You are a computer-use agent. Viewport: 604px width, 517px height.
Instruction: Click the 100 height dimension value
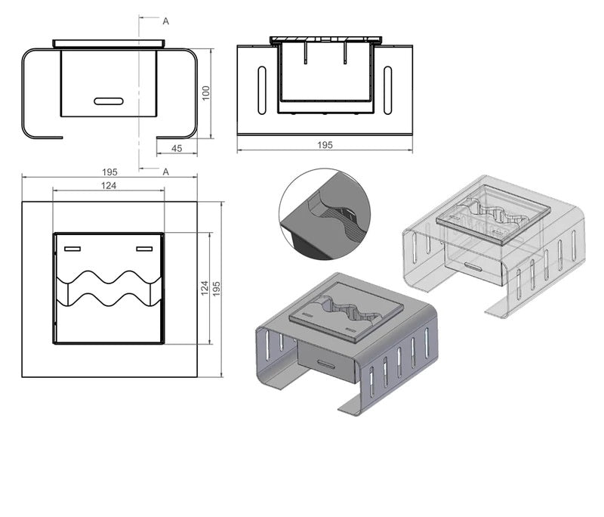206,93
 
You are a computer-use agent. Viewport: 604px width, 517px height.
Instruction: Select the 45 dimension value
177,148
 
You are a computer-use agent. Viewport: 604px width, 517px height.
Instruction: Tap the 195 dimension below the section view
325,145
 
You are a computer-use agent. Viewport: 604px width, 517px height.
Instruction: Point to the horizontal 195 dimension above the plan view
109,172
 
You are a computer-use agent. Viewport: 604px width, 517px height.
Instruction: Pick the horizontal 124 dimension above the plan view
109,185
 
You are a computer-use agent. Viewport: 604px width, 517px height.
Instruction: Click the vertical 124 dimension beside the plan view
205,288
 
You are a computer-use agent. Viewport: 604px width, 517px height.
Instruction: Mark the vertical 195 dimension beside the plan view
217,289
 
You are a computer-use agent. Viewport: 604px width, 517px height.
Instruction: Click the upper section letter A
165,22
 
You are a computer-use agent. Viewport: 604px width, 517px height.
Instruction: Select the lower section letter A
165,172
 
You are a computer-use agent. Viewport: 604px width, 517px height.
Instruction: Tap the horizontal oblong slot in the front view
109,101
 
